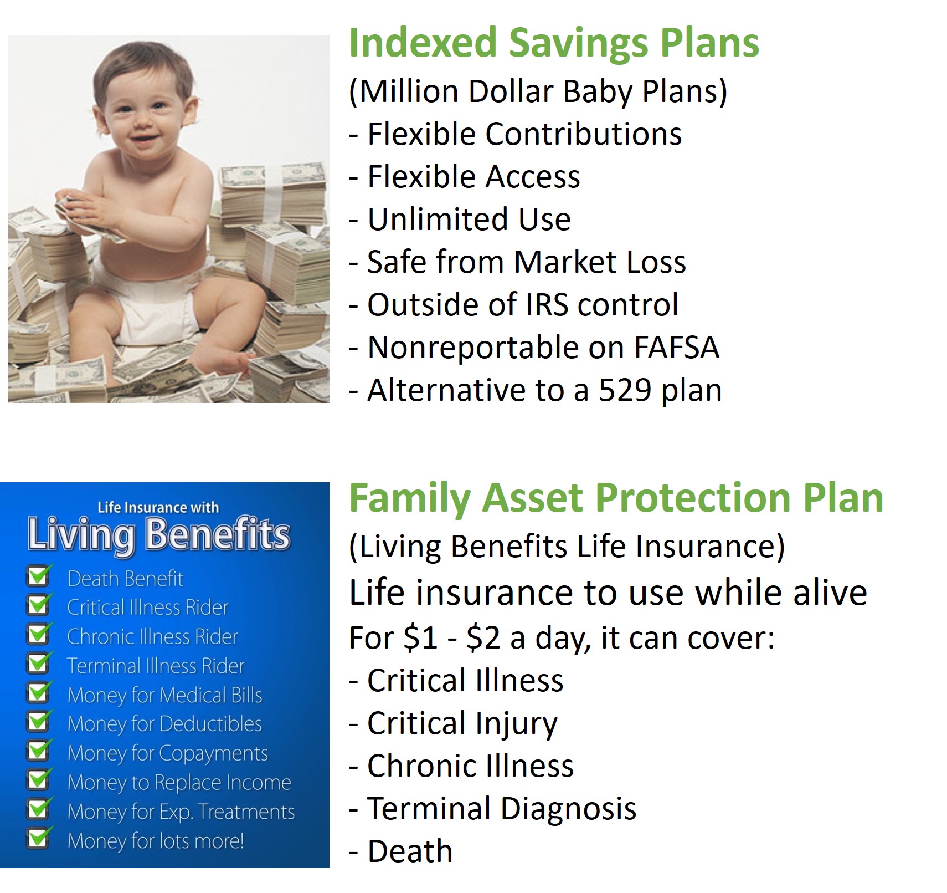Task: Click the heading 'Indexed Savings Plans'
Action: (554, 43)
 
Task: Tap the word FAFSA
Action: (676, 348)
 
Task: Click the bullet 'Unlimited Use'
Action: (460, 220)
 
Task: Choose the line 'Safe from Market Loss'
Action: (517, 262)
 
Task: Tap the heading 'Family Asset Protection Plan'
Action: (616, 499)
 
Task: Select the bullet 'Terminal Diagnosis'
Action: (492, 809)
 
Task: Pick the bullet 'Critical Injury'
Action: (453, 724)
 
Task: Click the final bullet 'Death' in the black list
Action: (400, 851)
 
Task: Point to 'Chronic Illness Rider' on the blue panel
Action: (152, 637)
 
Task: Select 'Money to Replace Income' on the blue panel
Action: (179, 783)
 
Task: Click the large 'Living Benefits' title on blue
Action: (158, 535)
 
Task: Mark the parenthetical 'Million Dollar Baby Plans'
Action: (538, 92)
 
